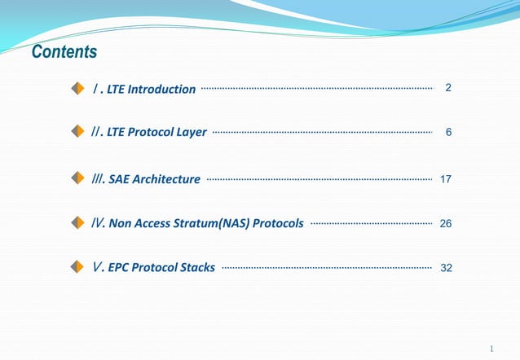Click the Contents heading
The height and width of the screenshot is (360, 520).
coord(64,53)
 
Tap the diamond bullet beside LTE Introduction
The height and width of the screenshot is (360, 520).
coord(77,88)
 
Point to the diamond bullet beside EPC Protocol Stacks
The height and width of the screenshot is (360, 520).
coord(77,266)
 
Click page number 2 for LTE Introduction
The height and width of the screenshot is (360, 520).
coord(447,88)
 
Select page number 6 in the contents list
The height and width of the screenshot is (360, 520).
coord(447,132)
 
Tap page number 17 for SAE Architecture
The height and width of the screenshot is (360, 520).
coord(446,178)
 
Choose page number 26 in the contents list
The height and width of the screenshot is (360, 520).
coord(446,222)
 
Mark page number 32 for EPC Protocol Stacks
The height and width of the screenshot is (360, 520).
coord(446,266)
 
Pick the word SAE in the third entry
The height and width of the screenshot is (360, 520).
coord(119,179)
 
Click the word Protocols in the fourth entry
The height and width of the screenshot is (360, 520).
coord(278,223)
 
